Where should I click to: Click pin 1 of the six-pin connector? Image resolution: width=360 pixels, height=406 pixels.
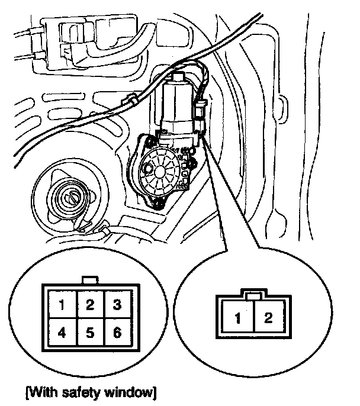[x=62, y=306]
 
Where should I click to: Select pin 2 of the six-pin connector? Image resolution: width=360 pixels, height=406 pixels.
[x=90, y=306]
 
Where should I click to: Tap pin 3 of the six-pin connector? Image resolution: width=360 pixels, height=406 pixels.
[x=117, y=306]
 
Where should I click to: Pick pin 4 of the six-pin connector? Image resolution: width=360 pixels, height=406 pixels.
[x=62, y=333]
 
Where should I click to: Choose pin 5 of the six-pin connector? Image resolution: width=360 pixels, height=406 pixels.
[x=90, y=333]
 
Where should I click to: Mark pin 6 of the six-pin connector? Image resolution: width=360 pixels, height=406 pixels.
[x=117, y=333]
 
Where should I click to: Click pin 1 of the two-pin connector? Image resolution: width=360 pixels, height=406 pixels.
[x=236, y=320]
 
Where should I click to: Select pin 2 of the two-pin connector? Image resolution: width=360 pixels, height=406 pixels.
[x=268, y=319]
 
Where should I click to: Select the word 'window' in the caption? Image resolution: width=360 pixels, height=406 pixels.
[x=130, y=391]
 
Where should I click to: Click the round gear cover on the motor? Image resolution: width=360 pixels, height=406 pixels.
[x=160, y=169]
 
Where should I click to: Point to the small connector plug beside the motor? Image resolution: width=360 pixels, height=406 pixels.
[x=200, y=110]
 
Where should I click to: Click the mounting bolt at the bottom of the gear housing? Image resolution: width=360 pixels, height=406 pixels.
[x=159, y=204]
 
